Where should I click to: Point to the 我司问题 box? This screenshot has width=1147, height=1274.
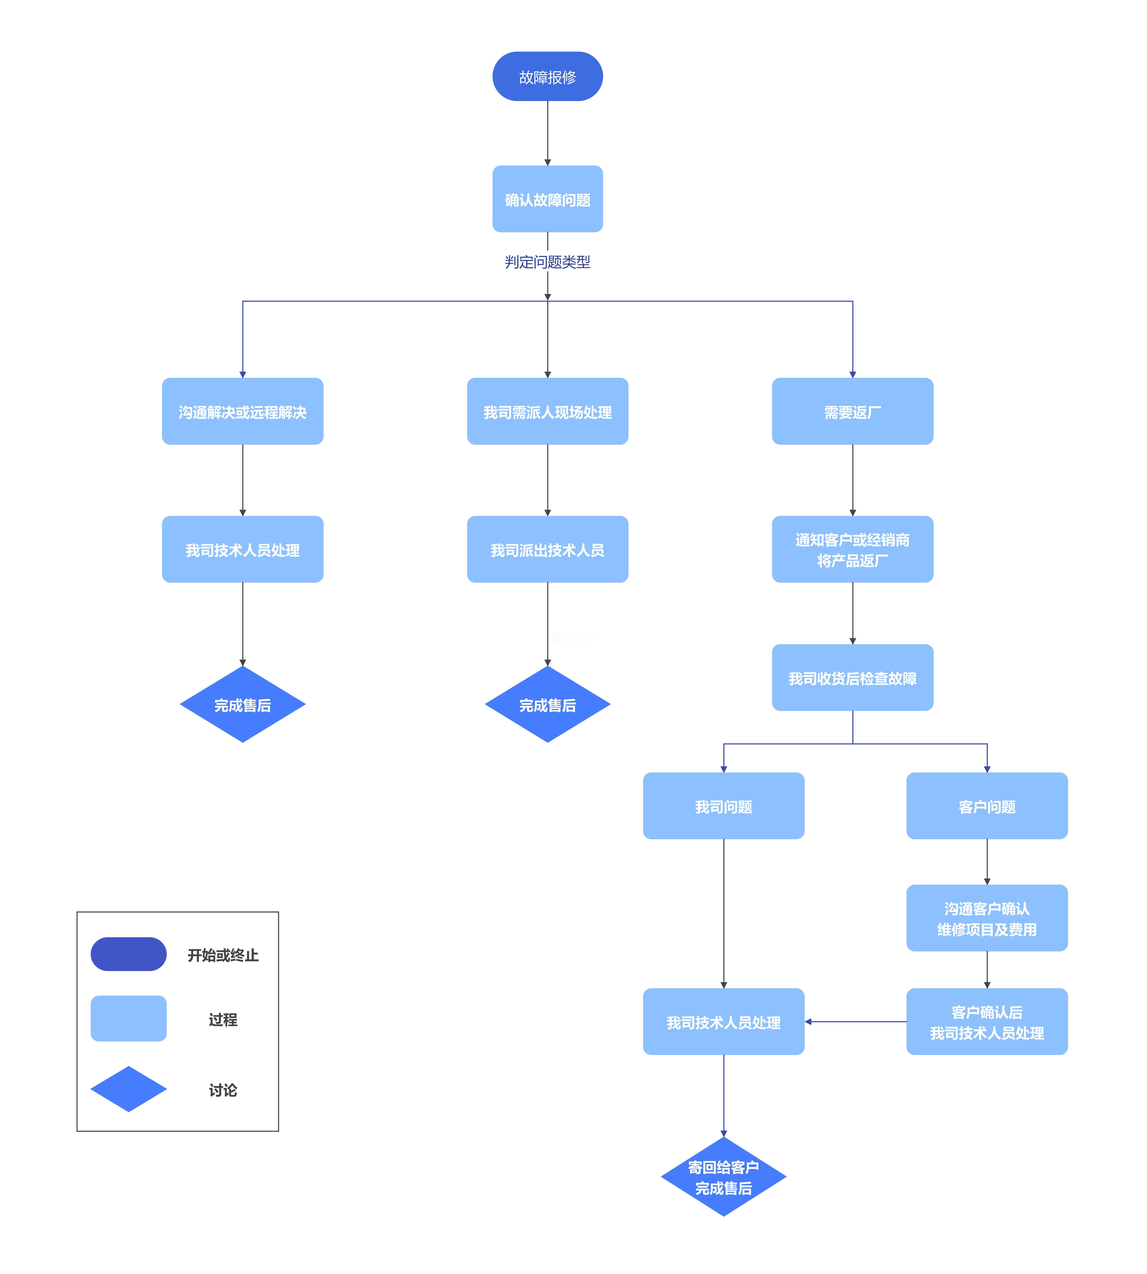pos(723,806)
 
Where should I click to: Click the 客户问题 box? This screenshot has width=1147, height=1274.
pos(987,806)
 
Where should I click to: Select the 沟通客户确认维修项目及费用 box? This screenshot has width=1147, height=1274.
pos(987,918)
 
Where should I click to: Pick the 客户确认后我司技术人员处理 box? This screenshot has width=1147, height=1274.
pos(987,1021)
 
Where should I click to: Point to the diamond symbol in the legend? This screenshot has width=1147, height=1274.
pos(129,1089)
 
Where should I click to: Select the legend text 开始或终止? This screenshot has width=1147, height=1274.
pos(223,955)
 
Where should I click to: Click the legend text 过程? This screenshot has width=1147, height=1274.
pos(223,1019)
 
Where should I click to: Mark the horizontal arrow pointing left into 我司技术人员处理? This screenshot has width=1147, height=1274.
pos(855,1021)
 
